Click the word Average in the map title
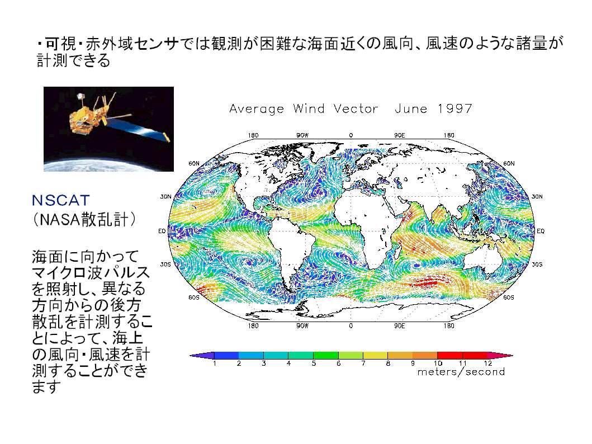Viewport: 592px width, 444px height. [x=257, y=109]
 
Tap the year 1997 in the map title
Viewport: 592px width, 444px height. [x=455, y=108]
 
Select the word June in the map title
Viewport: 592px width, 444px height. [x=411, y=108]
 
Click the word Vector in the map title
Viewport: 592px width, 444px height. [x=356, y=108]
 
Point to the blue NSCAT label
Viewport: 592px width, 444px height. [x=61, y=201]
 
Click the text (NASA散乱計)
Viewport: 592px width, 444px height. [x=84, y=219]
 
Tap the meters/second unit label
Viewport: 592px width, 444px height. [x=461, y=372]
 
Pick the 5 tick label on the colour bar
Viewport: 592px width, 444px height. [x=314, y=363]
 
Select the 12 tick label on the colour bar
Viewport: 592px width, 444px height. [x=488, y=363]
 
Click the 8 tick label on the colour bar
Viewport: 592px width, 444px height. [x=388, y=363]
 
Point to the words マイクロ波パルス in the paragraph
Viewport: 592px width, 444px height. [x=91, y=272]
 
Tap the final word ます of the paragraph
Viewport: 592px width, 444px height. [x=46, y=387]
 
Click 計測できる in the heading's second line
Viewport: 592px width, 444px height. [x=73, y=60]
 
